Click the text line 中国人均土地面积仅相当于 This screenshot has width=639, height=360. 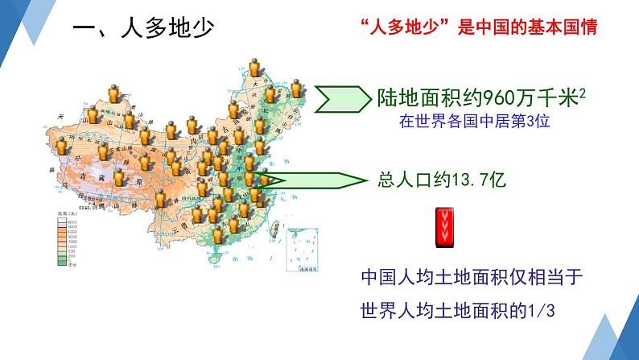[471, 279]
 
